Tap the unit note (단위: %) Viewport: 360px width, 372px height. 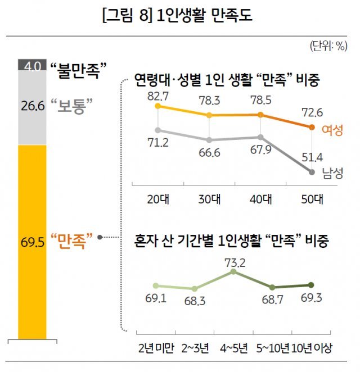tap(328, 47)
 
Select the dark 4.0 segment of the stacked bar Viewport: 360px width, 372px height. tap(33, 65)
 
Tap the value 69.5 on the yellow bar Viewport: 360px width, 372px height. tap(33, 243)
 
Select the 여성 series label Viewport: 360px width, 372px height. tap(332, 130)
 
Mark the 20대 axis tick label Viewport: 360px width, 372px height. tap(158, 199)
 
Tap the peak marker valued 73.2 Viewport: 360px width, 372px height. tap(234, 271)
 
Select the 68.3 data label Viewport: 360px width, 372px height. tap(195, 301)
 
